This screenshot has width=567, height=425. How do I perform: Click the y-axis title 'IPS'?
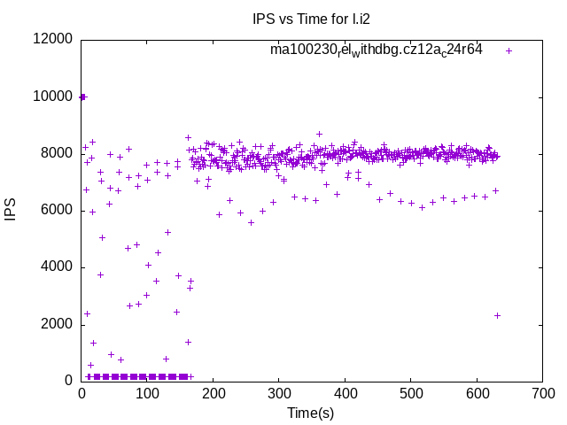pyautogui.click(x=12, y=210)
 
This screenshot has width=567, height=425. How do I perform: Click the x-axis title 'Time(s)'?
pyautogui.click(x=310, y=413)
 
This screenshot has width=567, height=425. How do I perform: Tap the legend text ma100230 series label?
pyautogui.click(x=377, y=50)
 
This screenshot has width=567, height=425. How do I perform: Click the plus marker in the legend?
pyautogui.click(x=509, y=50)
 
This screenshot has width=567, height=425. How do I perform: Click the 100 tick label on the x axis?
pyautogui.click(x=147, y=393)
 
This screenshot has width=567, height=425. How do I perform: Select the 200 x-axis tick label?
pyautogui.click(x=214, y=393)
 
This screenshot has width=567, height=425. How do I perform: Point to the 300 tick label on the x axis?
pyautogui.click(x=279, y=393)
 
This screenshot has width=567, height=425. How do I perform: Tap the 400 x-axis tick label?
pyautogui.click(x=345, y=393)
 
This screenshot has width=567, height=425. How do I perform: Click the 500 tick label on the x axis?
pyautogui.click(x=411, y=393)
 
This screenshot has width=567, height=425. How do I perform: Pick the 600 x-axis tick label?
pyautogui.click(x=477, y=393)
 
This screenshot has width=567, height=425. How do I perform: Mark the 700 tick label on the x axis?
pyautogui.click(x=542, y=393)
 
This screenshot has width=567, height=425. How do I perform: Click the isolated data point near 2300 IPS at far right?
pyautogui.click(x=497, y=315)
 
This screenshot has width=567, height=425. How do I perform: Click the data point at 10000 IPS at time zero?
pyautogui.click(x=82, y=97)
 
